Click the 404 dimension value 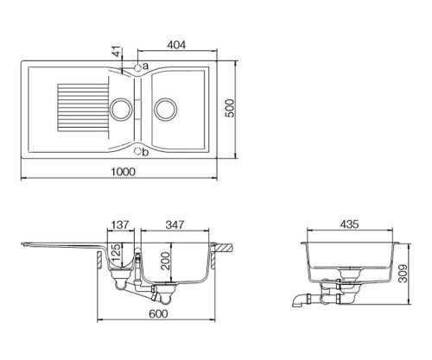pos(176,45)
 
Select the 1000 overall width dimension pos(123,172)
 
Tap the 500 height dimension pos(230,108)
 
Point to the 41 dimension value pos(116,51)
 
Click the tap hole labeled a pos(138,67)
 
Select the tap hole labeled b pos(138,151)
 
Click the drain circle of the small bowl pos(121,109)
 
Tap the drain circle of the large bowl pos(165,109)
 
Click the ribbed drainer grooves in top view pos(84,107)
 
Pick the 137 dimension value pos(120,224)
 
